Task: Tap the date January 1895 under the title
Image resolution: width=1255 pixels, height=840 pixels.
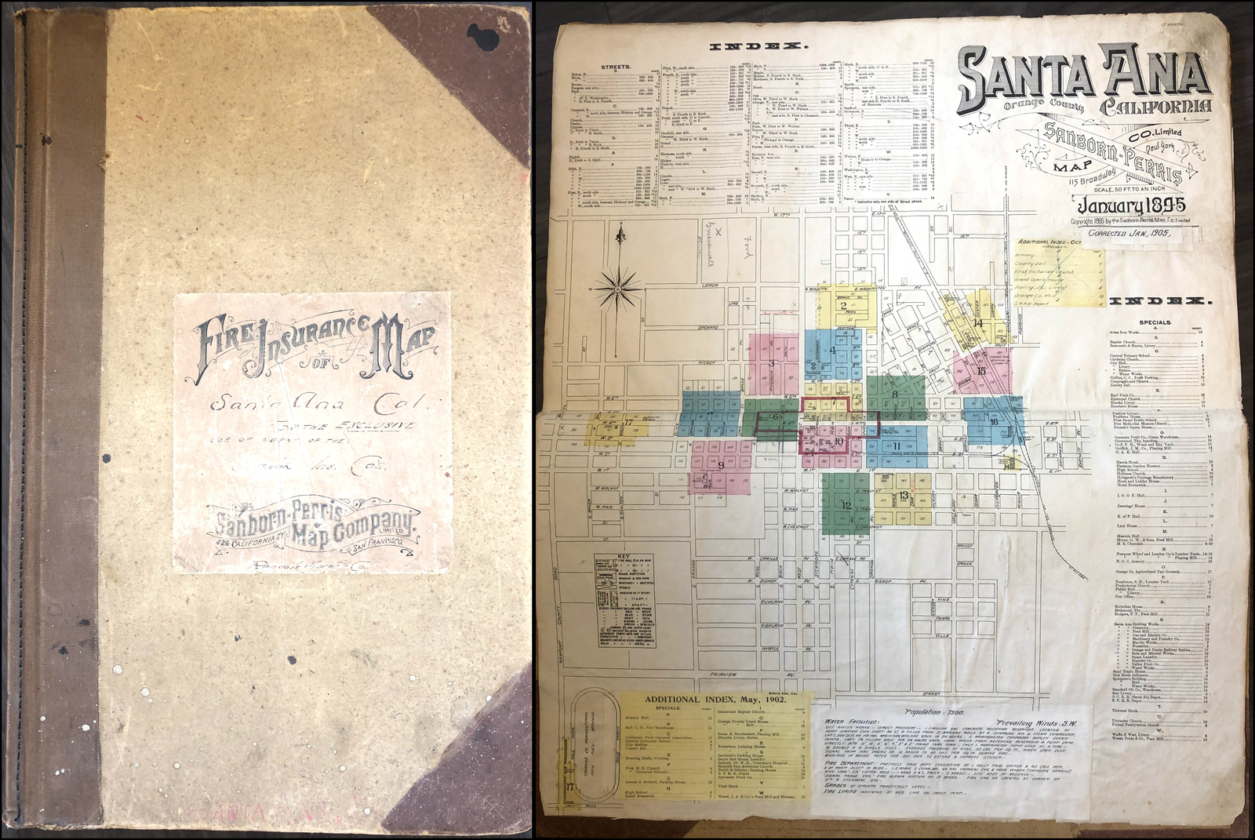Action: click(1131, 206)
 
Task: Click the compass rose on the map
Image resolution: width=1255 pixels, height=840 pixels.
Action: click(620, 289)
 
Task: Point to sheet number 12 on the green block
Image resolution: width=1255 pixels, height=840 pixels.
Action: click(846, 505)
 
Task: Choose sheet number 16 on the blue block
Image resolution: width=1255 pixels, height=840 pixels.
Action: click(993, 422)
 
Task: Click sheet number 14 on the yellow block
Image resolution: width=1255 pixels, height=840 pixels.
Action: click(977, 322)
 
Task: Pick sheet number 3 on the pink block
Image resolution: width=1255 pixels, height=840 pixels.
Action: click(771, 363)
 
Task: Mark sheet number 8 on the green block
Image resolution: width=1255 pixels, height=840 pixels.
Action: click(893, 394)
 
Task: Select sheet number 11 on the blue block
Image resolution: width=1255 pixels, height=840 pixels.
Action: click(897, 446)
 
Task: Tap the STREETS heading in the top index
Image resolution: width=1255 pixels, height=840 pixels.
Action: click(616, 67)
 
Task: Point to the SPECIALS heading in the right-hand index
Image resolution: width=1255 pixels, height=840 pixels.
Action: click(1155, 322)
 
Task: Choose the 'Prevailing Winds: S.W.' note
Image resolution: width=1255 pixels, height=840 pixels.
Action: click(1037, 722)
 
